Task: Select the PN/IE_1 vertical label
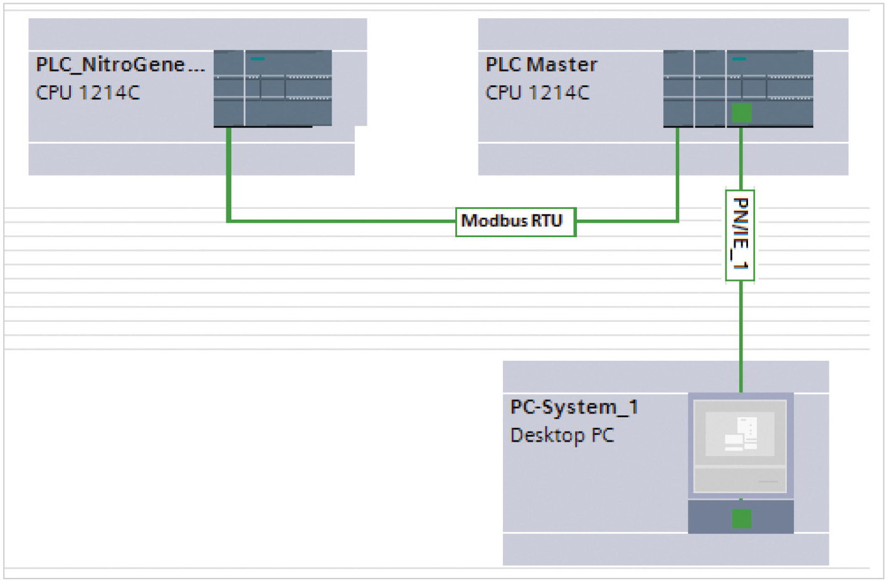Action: (x=740, y=235)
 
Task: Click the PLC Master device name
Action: (x=541, y=65)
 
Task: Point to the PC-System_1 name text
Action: (x=574, y=407)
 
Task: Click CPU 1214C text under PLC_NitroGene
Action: (x=88, y=93)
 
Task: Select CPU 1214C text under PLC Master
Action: (x=537, y=93)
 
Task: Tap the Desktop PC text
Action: (x=562, y=435)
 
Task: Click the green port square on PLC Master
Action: (x=741, y=113)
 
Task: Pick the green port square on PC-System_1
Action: (x=741, y=519)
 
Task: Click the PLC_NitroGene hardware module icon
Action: (x=273, y=88)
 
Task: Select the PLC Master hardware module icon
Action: (x=738, y=88)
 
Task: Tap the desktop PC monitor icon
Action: (x=741, y=445)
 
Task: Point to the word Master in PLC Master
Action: (x=562, y=65)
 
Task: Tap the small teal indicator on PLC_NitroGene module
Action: (x=258, y=59)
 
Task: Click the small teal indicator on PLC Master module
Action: (x=739, y=59)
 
